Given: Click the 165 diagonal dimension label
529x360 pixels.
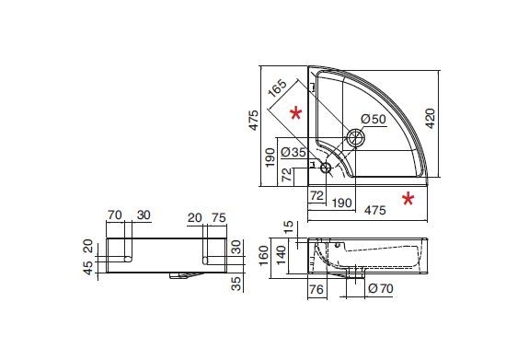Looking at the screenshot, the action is (277, 88).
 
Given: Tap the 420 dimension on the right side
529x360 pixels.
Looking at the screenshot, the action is (431, 119).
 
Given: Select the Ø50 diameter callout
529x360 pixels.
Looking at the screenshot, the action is (374, 119).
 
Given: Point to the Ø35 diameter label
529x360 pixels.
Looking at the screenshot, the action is (293, 152).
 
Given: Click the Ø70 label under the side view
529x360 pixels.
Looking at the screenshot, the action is (381, 288).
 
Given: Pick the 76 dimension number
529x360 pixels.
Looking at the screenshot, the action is (316, 289).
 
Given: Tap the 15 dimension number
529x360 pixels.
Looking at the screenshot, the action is (289, 227).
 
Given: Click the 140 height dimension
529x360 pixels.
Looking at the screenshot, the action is (281, 256).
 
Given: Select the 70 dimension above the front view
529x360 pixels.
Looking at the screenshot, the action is (115, 215).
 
